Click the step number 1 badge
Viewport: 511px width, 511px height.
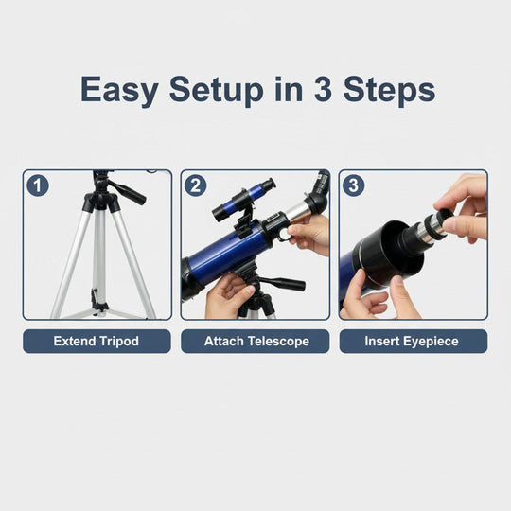(x=37, y=185)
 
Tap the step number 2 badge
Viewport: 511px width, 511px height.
(x=195, y=185)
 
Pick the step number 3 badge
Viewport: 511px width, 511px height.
(x=354, y=185)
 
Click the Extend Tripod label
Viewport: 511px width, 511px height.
(x=97, y=341)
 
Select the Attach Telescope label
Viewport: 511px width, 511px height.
(x=255, y=341)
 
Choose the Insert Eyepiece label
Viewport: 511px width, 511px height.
(x=414, y=341)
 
